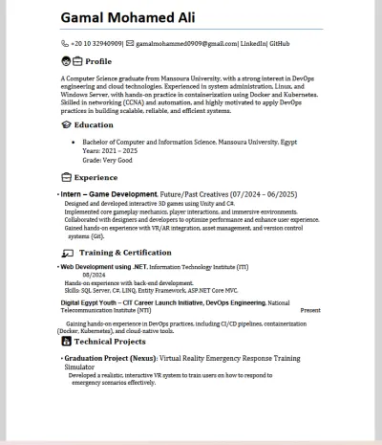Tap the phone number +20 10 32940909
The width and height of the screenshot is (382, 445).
[x=97, y=44]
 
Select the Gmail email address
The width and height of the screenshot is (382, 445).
[x=187, y=44]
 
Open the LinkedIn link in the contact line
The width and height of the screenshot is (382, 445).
[x=253, y=44]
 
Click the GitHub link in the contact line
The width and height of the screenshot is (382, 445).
[x=280, y=44]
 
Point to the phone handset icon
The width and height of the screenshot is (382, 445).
[x=65, y=44]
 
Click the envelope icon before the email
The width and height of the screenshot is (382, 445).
[x=129, y=44]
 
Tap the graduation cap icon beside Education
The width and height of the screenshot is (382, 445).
[x=66, y=124]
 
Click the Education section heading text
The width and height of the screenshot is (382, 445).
[x=94, y=124]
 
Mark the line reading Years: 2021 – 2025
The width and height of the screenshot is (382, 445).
[x=110, y=150]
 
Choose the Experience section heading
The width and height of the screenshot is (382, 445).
[x=95, y=177]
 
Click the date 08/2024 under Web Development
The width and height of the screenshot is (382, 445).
[x=94, y=275]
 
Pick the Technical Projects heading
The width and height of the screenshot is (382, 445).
[x=110, y=341]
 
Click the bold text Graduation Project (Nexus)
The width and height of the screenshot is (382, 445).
[x=109, y=358]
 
